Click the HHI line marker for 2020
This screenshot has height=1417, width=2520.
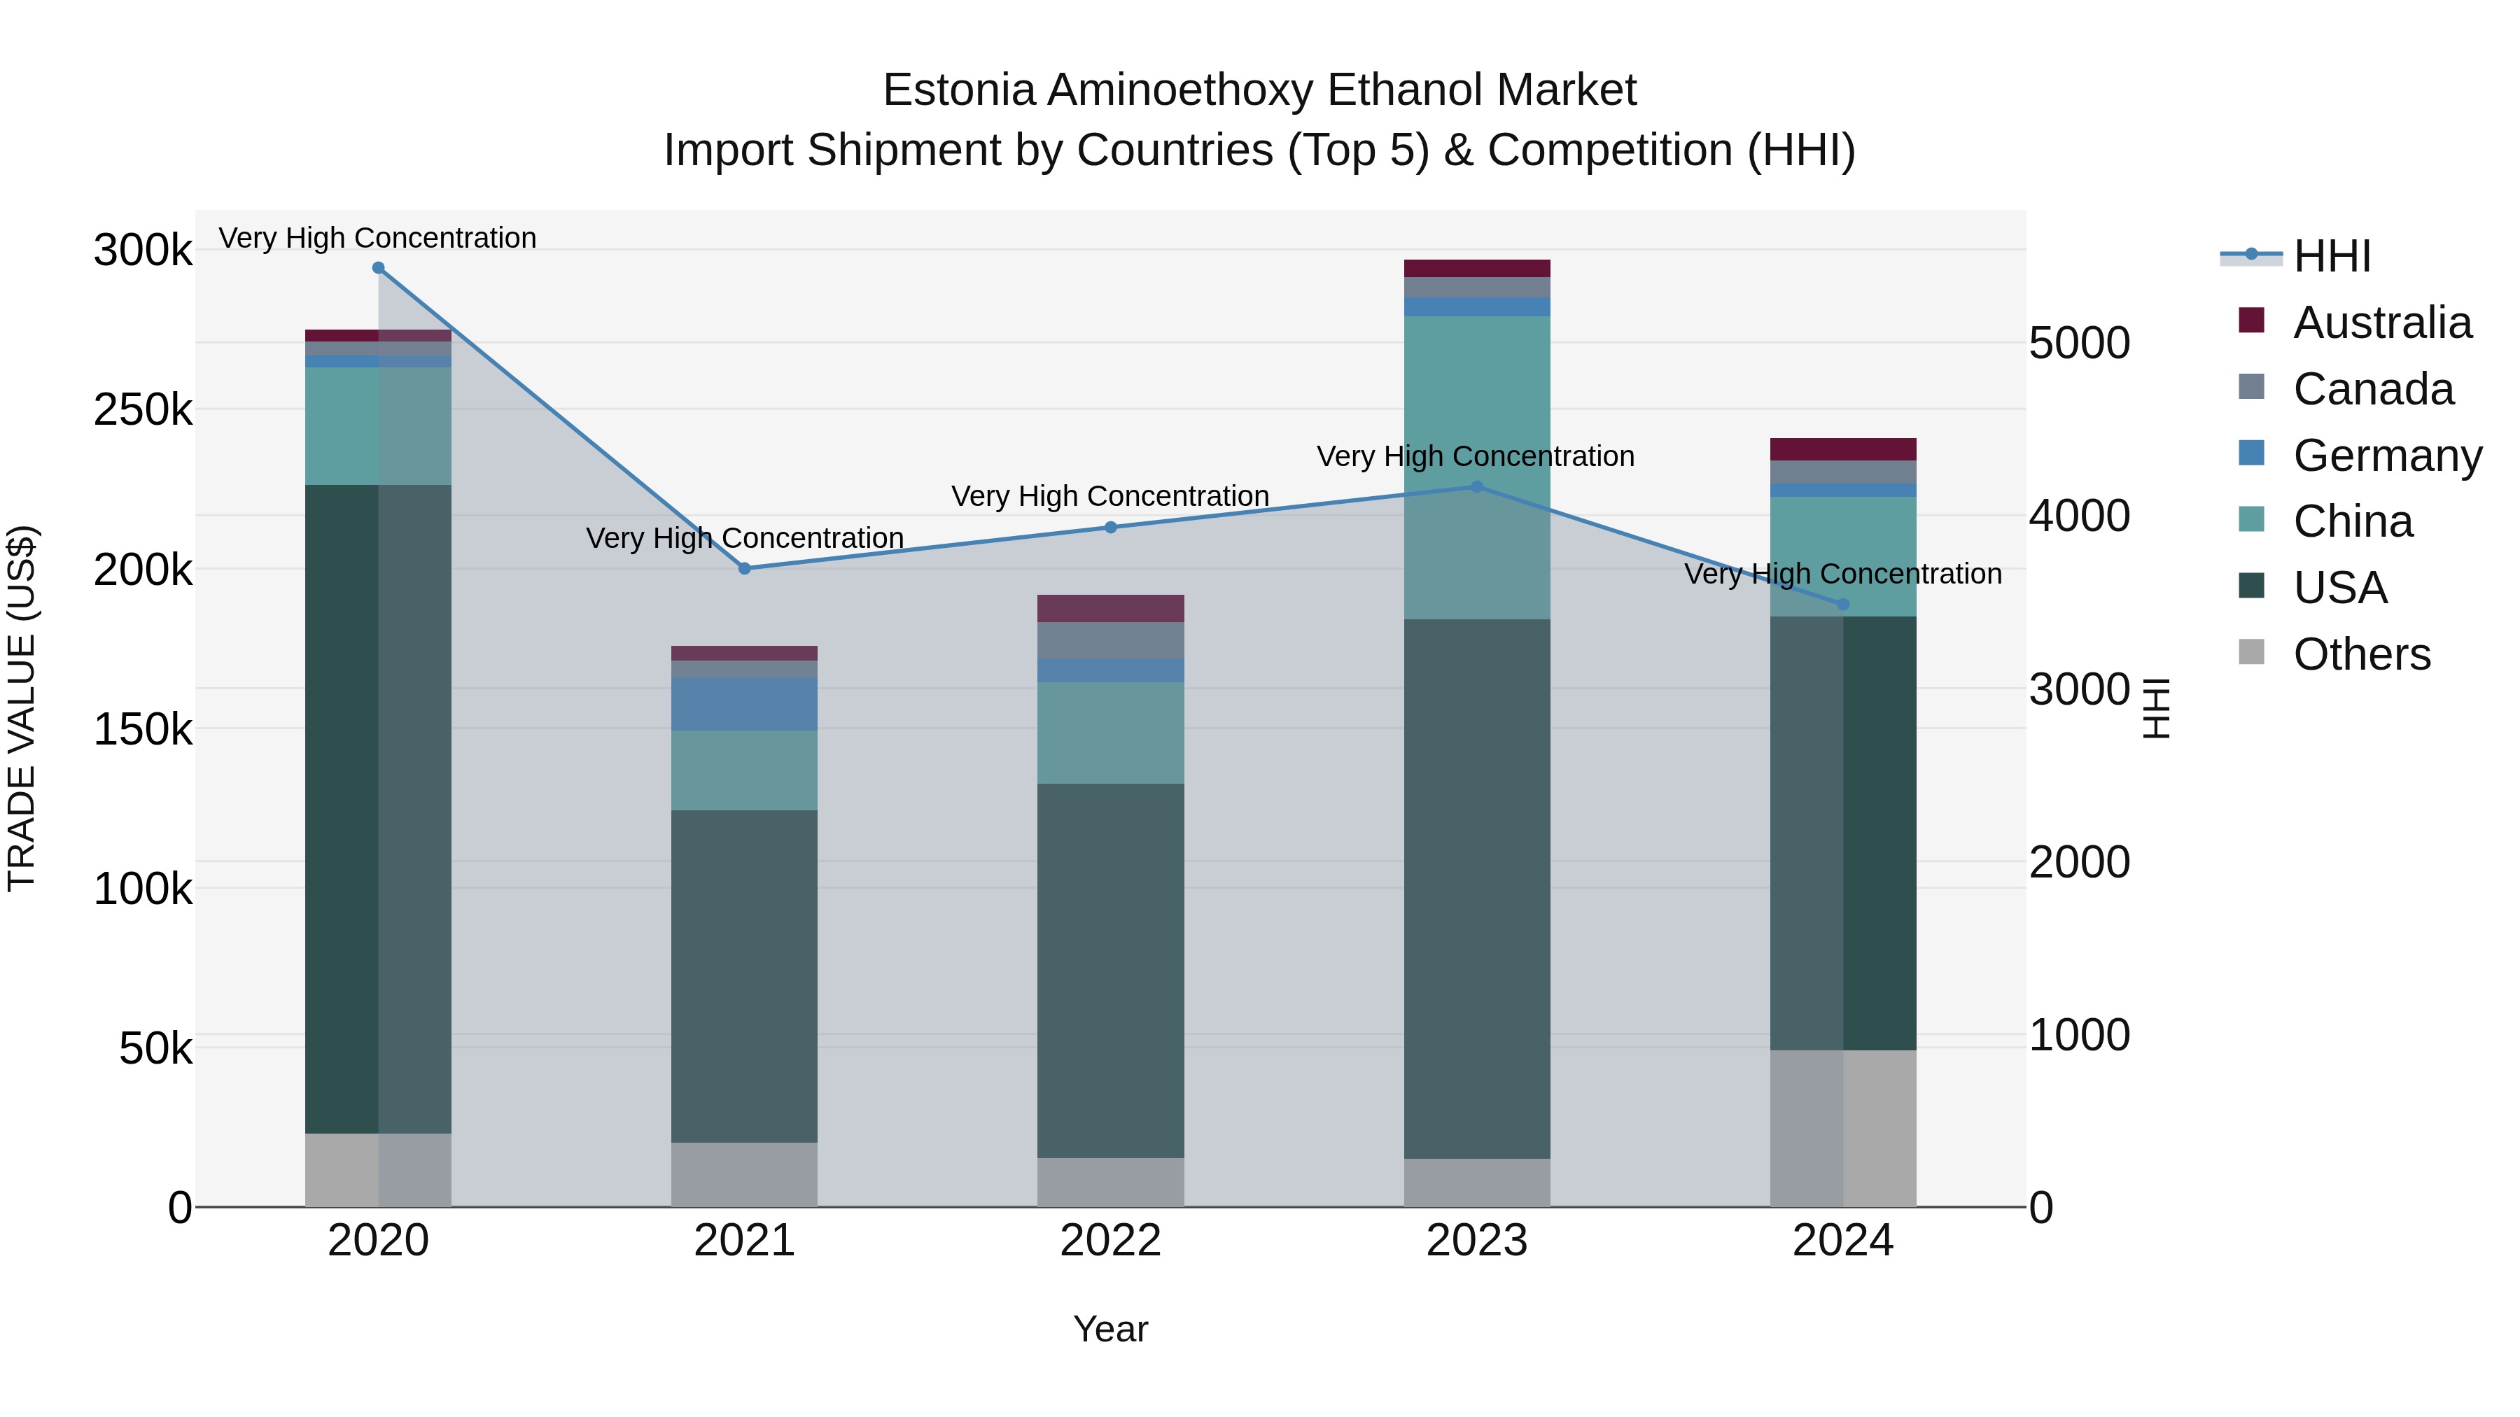[379, 268]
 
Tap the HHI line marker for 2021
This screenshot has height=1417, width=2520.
[745, 568]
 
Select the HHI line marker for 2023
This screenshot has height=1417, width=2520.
[1477, 487]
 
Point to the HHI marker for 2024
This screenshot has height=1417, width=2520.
[1843, 605]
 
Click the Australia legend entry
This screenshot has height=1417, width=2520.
[2381, 323]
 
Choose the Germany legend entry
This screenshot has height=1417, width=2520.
[2386, 456]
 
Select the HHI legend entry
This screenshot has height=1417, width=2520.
[2331, 256]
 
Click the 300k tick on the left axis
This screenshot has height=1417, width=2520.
[143, 251]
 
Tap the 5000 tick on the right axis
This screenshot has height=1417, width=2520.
[2079, 344]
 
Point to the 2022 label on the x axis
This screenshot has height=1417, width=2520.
[1110, 1241]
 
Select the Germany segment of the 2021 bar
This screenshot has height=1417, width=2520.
[745, 704]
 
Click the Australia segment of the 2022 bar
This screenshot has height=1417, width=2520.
[1110, 608]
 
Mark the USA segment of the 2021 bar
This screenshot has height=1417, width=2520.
[745, 976]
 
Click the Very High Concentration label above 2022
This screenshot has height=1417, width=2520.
[1110, 497]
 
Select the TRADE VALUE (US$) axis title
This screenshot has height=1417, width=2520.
[22, 708]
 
